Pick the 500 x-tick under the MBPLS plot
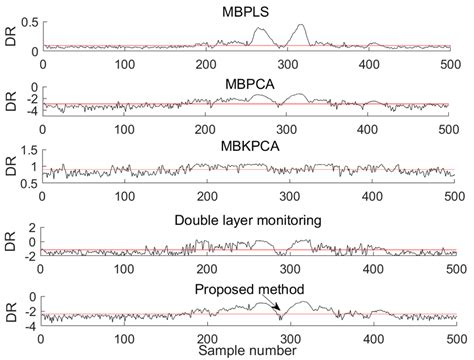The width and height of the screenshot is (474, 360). pyautogui.click(x=452, y=62)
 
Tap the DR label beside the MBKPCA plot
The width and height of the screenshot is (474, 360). pyautogui.click(x=9, y=169)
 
